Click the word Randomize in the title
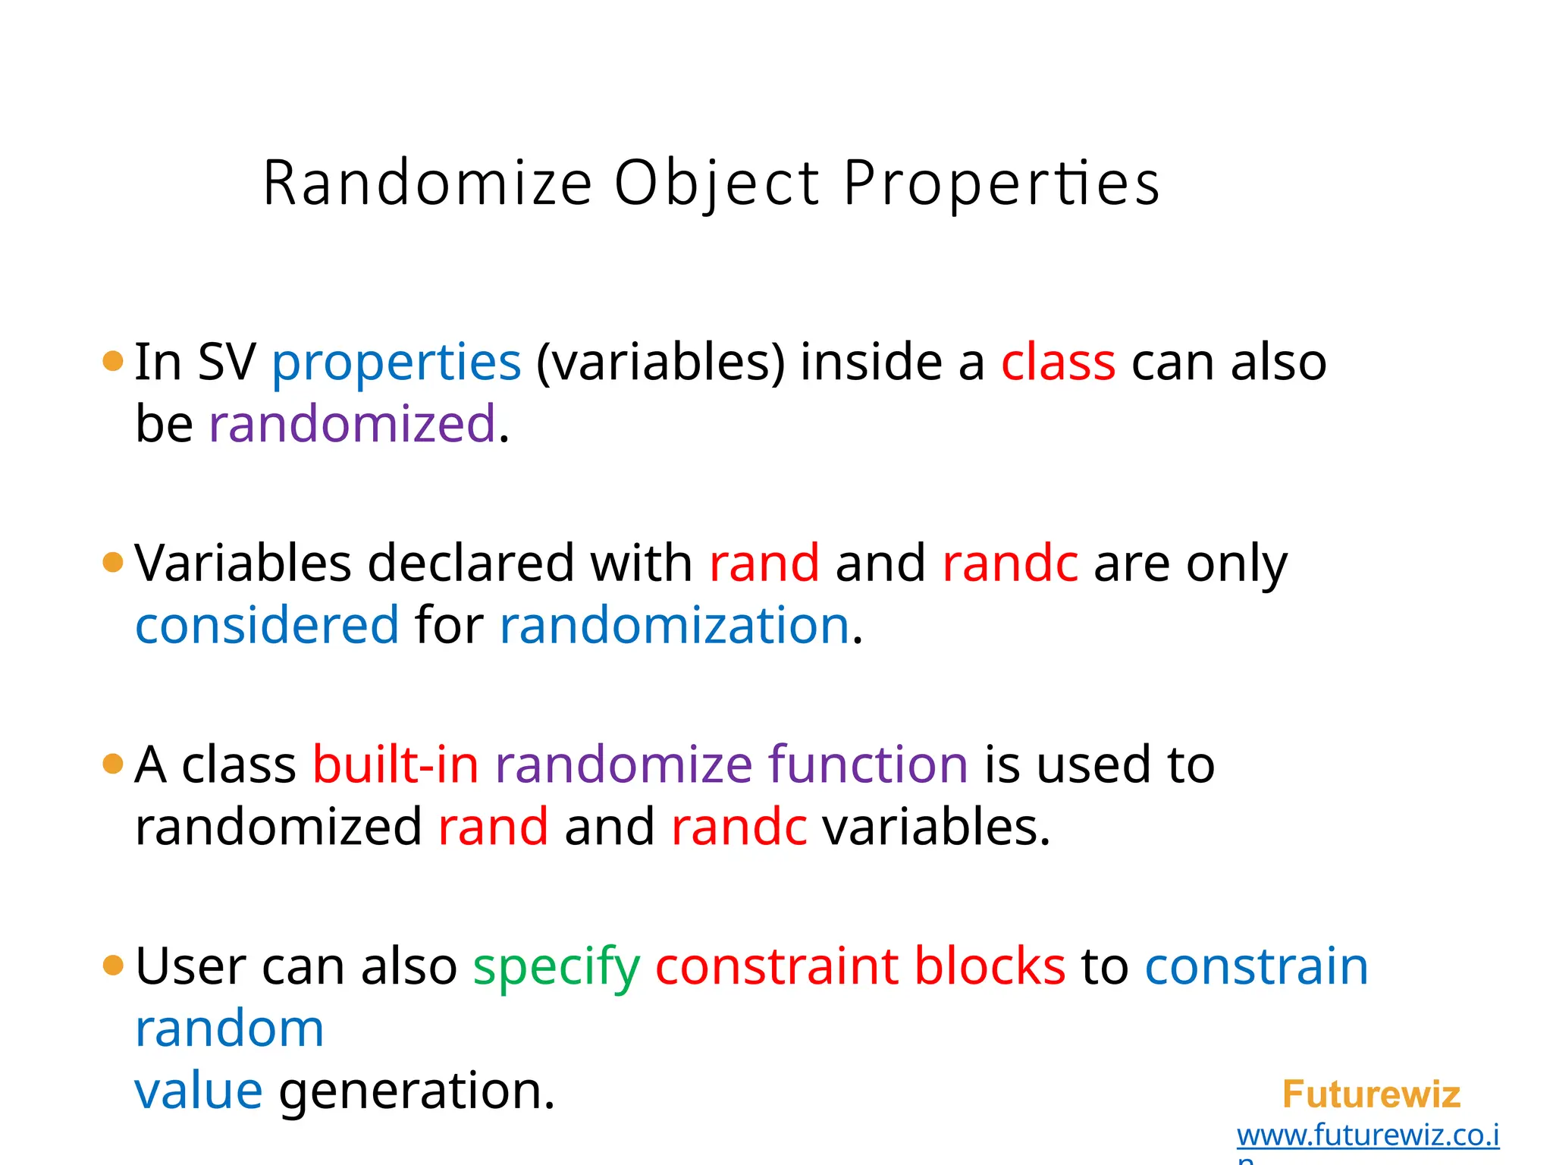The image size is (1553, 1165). pos(427,184)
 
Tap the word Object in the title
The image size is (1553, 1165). pos(717,184)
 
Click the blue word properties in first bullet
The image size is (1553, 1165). pos(397,363)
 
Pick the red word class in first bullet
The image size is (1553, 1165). pos(1058,363)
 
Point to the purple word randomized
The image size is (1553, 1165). pos(352,424)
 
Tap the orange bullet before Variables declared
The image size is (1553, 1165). pos(112,563)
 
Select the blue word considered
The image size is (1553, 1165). pos(267,626)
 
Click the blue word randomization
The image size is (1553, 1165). pos(674,626)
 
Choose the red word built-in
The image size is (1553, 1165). pos(396,765)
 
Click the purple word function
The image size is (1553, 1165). pos(867,765)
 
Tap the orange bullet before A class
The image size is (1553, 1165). pos(112,764)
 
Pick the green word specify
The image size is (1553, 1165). pos(557,968)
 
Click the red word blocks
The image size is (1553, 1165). pos(990,966)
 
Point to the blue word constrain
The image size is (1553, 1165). pos(1257,966)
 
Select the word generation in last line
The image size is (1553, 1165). pos(417,1092)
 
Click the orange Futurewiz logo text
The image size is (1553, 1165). pos(1371,1094)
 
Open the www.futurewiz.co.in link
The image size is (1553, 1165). pos(1367,1135)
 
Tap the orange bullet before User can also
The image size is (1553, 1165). pos(112,966)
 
